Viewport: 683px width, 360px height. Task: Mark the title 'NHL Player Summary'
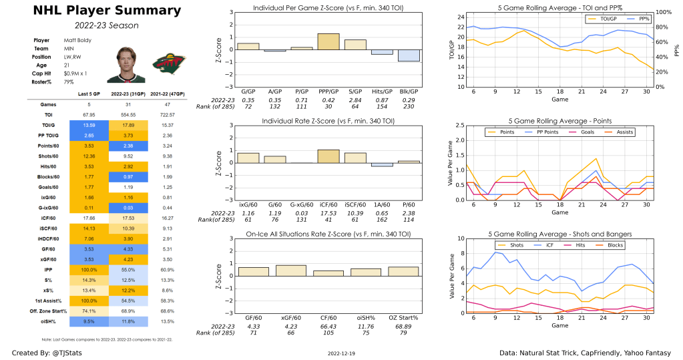[x=97, y=11]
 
